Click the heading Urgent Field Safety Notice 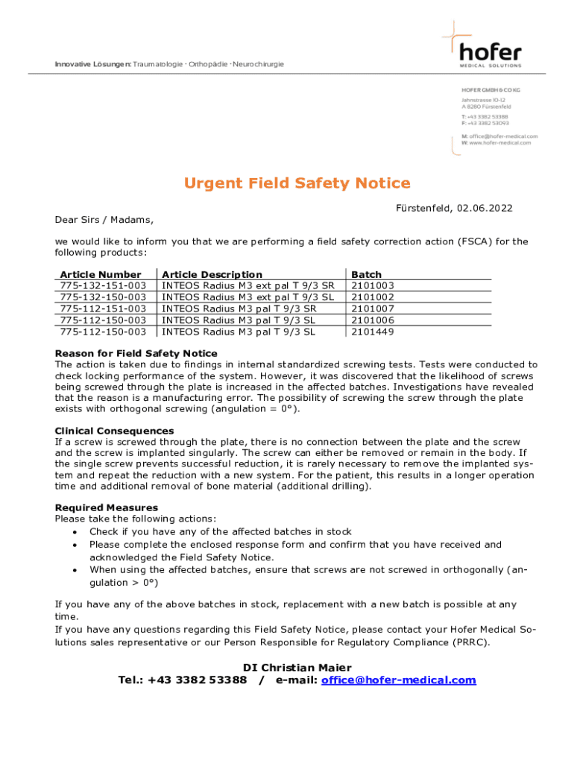tap(297, 183)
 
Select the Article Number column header tap(101, 275)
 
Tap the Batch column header tap(366, 275)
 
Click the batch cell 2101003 tap(373, 285)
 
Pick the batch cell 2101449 tap(373, 332)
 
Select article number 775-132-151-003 tap(103, 285)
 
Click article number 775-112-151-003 tap(103, 308)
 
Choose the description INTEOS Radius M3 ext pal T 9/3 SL tap(248, 297)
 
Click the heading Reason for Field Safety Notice tap(136, 353)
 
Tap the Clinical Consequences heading tap(114, 431)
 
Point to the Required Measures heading tap(107, 507)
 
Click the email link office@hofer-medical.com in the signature tap(398, 680)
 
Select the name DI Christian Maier tap(297, 668)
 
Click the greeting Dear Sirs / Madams tap(104, 219)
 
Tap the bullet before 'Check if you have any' tap(75, 532)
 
